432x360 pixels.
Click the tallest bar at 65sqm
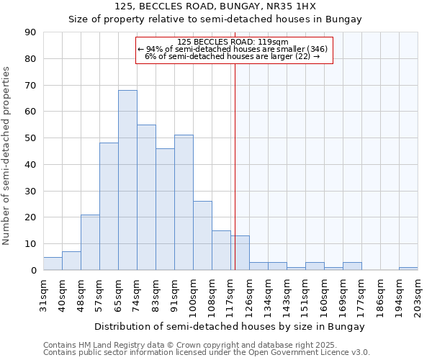(127, 180)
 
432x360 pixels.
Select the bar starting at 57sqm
(109, 207)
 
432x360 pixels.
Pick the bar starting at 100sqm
(202, 235)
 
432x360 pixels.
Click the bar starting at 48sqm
(90, 243)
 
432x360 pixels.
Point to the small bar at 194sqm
(408, 269)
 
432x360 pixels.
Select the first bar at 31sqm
(53, 264)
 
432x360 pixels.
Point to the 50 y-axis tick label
(31, 138)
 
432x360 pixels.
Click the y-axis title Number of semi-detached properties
(7, 156)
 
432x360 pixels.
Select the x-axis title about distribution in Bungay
(230, 326)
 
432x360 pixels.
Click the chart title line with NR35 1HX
(215, 6)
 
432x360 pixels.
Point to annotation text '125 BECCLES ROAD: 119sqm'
(232, 42)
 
